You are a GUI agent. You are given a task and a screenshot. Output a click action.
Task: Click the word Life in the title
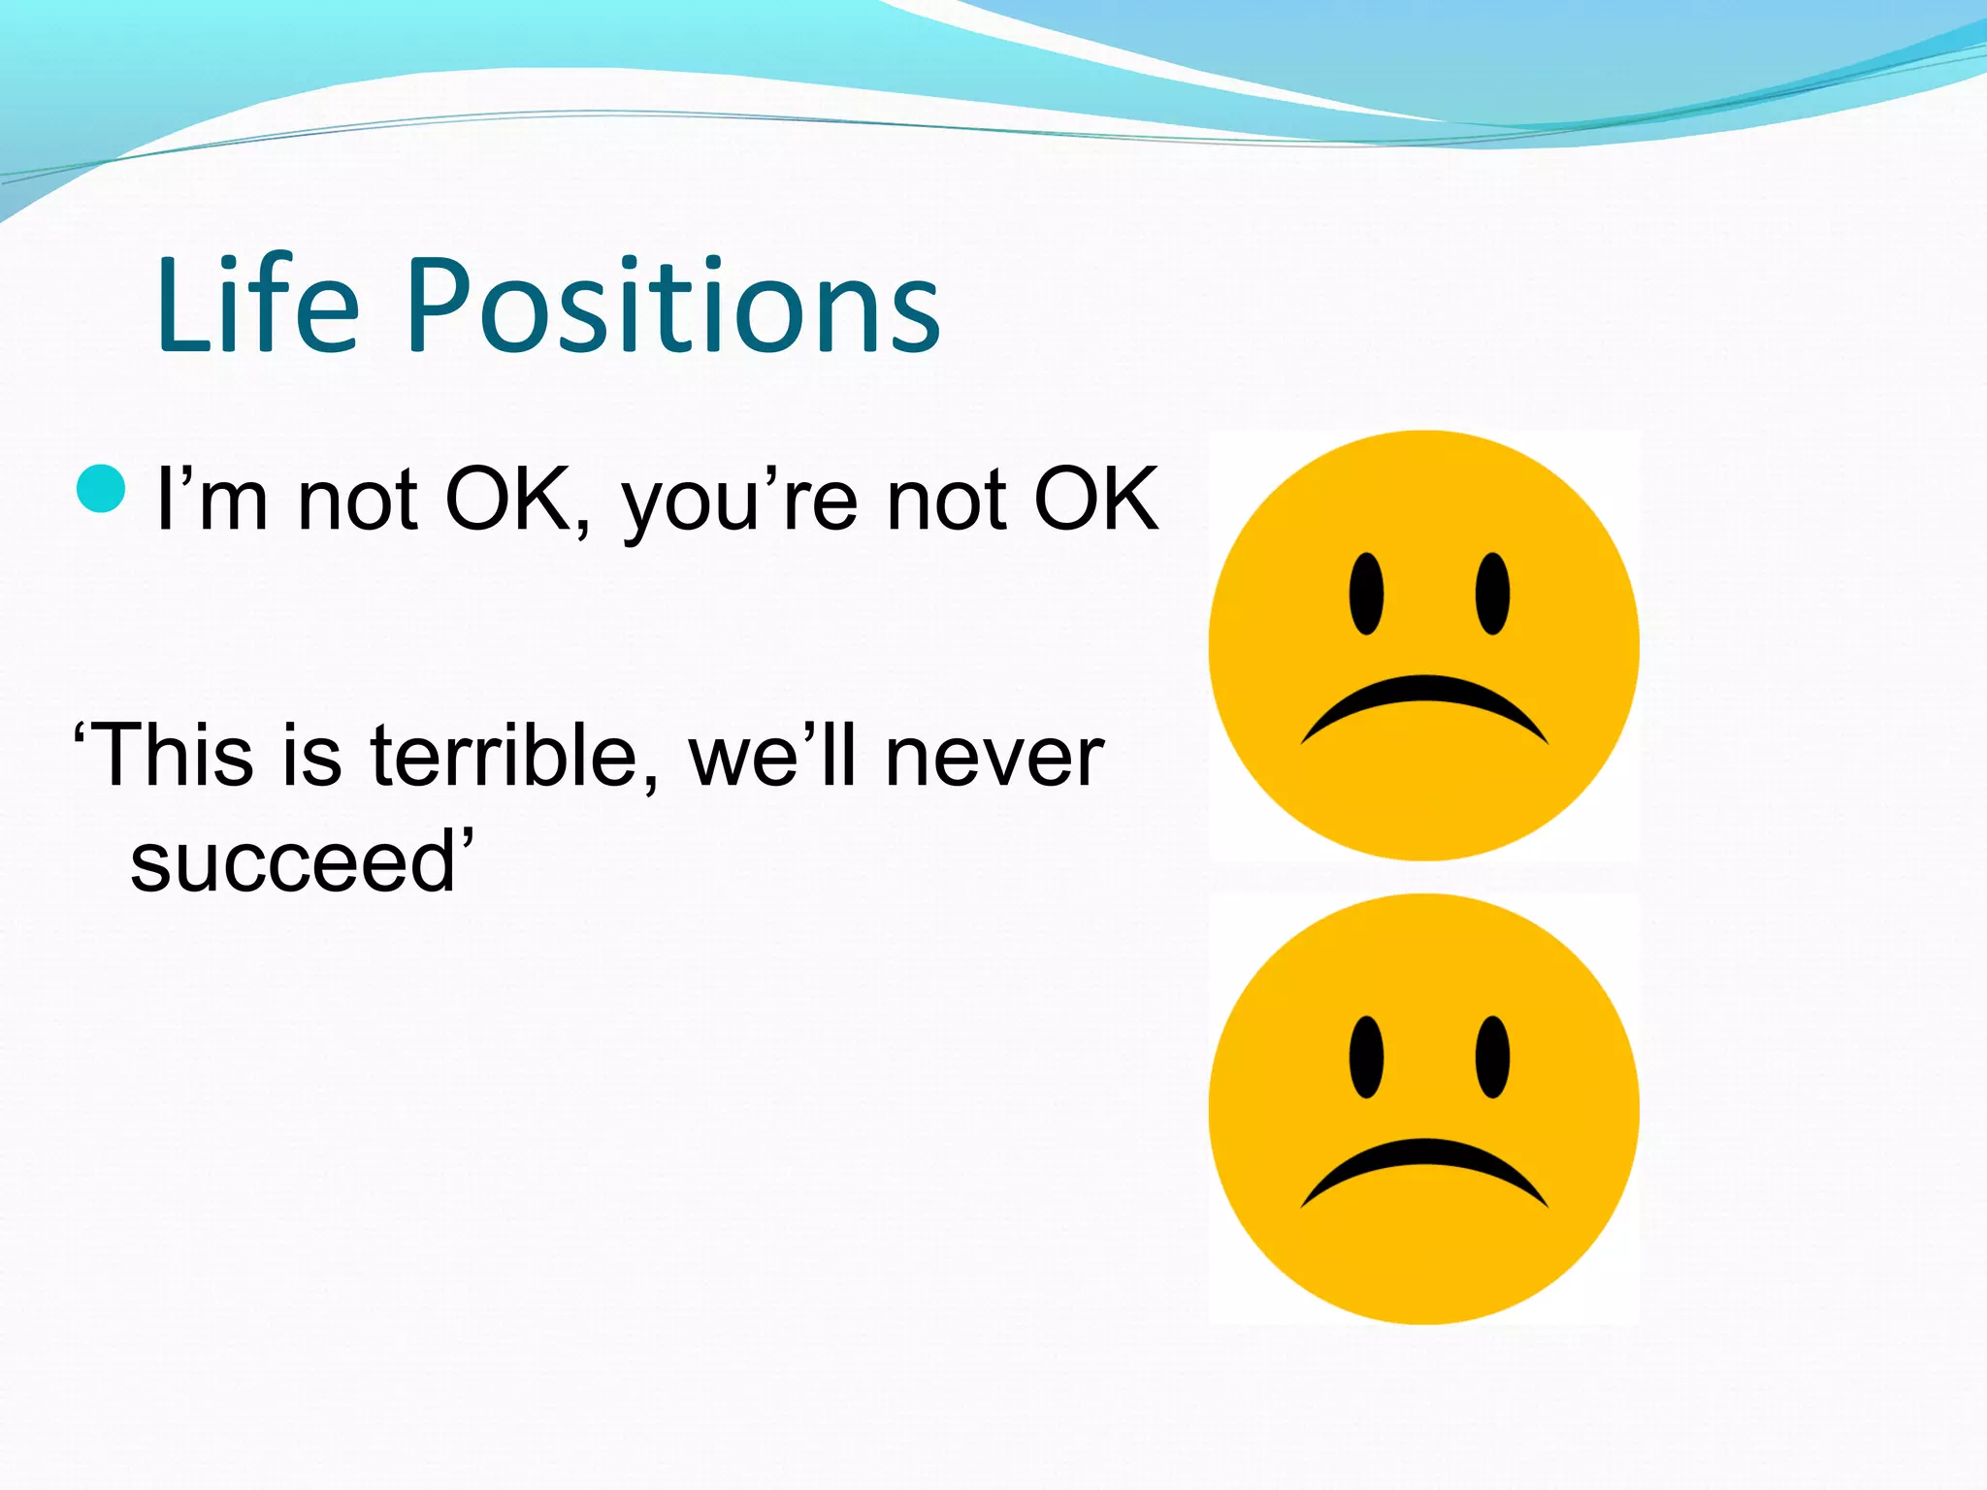click(x=257, y=306)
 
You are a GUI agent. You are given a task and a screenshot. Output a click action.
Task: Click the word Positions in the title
click(x=673, y=306)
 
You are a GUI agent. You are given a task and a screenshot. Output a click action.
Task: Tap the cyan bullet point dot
click(x=101, y=488)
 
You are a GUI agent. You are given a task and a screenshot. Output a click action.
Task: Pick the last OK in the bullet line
click(x=1096, y=501)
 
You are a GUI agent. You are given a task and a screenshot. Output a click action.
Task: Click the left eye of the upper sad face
click(x=1366, y=594)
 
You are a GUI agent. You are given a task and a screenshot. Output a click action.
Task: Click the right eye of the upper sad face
click(x=1492, y=594)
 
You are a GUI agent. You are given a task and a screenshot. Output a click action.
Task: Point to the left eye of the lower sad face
click(x=1366, y=1057)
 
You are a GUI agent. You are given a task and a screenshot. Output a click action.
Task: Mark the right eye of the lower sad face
click(x=1492, y=1057)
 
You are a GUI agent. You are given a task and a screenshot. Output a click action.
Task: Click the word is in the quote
click(x=312, y=756)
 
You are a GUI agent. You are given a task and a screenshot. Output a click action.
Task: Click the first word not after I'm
click(x=358, y=502)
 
